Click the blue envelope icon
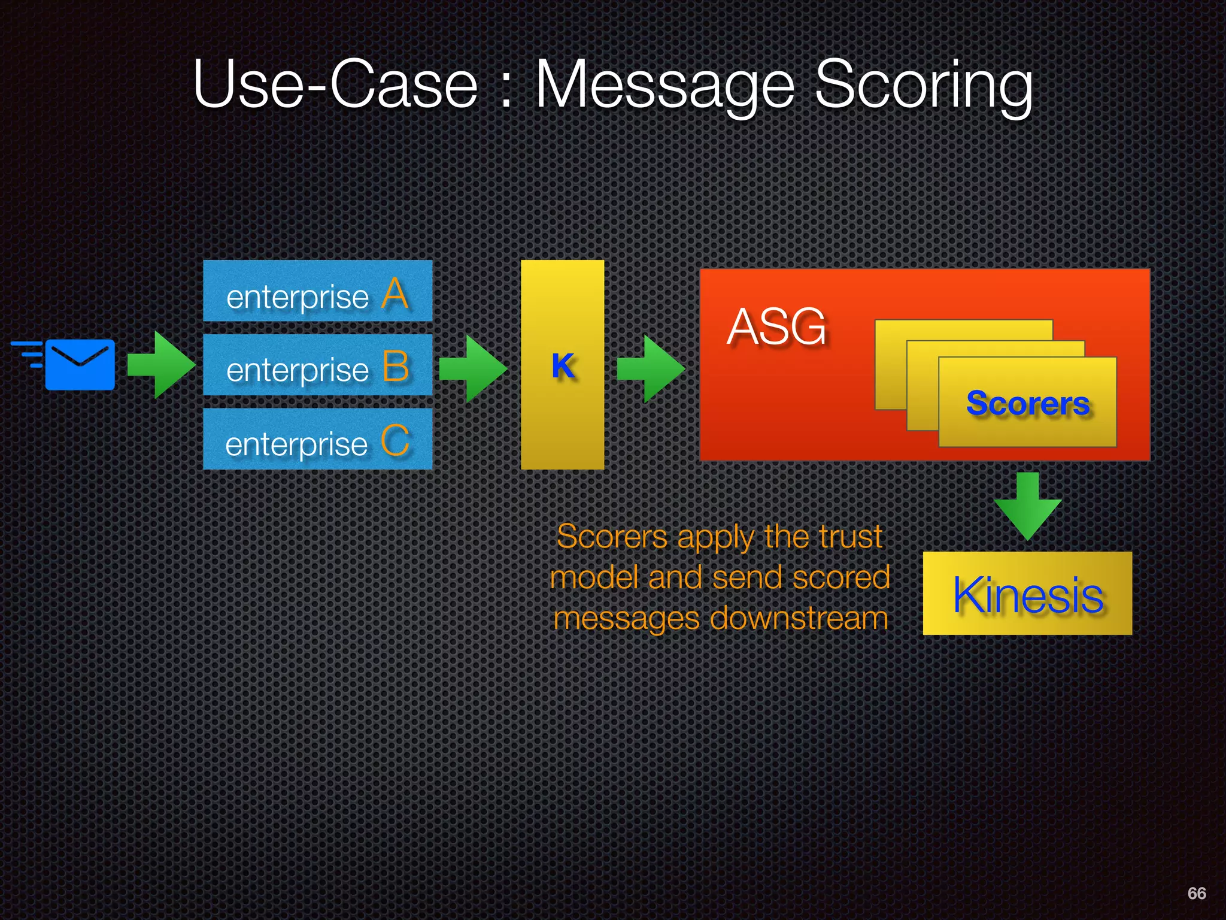pos(80,365)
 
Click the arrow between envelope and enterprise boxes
pos(161,365)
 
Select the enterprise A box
pos(317,291)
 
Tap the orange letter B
pos(395,366)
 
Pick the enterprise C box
pos(317,439)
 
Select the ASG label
pos(776,327)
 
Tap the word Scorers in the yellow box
pos(1027,403)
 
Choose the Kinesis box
pos(1027,594)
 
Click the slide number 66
pos(1196,893)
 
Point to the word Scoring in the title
pos(924,86)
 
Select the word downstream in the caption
pos(799,618)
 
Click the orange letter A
pos(395,293)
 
